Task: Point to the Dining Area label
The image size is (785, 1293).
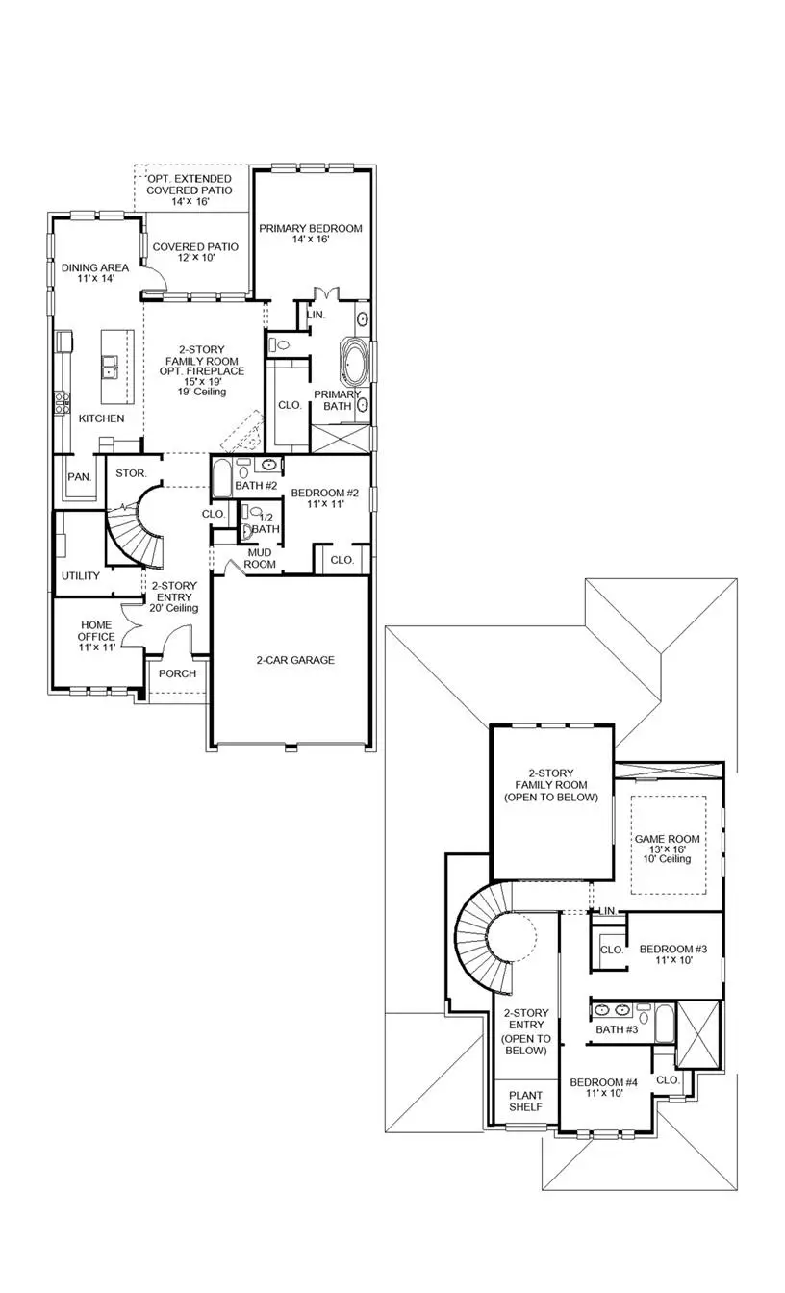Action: pos(89,272)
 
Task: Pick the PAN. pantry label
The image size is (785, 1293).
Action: pos(79,477)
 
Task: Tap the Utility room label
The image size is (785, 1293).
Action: pos(81,576)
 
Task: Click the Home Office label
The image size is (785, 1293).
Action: pos(96,636)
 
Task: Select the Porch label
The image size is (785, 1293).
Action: pos(177,673)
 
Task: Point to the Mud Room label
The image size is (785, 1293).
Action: pos(261,558)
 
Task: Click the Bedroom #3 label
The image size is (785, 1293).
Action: pos(673,953)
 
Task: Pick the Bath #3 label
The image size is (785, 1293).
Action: pos(617,1030)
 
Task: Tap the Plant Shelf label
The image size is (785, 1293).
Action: pos(525,1102)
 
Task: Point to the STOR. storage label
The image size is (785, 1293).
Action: pos(131,473)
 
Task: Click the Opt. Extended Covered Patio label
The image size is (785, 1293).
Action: pos(189,190)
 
